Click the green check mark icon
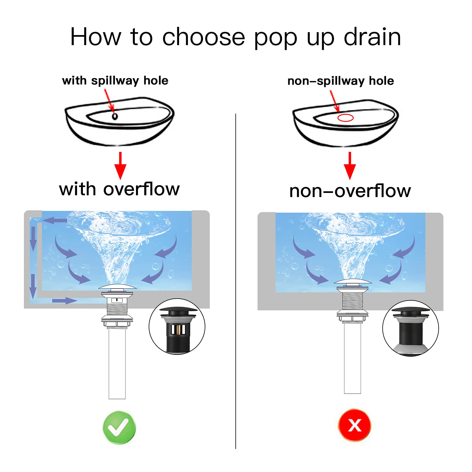119,427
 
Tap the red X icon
354,425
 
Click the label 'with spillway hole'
115,81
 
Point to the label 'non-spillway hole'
340,81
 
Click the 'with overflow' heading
119,189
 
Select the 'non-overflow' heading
350,191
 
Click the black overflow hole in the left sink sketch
115,116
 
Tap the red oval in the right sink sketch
345,118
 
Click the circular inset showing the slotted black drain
177,326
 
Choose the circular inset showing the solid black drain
410,328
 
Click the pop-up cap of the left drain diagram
117,287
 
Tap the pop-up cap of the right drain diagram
353,282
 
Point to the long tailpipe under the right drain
353,358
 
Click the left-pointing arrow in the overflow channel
55,220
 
